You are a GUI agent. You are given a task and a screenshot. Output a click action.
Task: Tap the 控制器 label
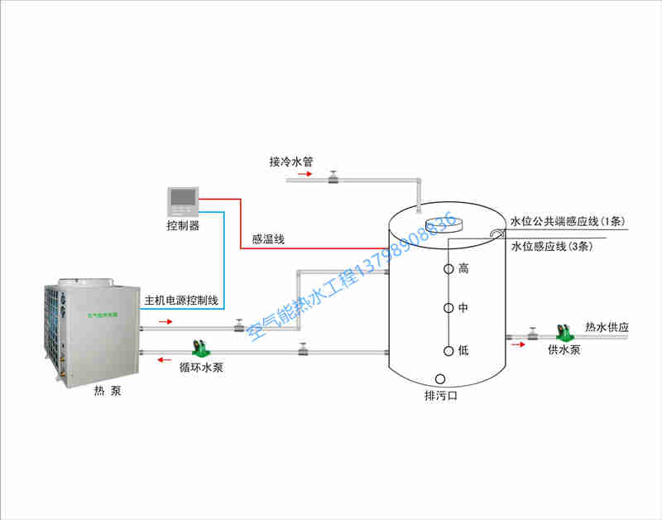point(183,225)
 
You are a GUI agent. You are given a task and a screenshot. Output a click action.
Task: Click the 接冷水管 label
point(290,161)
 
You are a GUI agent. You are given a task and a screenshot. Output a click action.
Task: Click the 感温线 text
point(268,239)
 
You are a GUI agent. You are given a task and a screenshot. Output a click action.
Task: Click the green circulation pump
point(199,347)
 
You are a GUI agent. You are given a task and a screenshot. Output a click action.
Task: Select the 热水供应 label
point(607,327)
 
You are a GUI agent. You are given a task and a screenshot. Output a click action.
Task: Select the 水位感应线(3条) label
point(550,247)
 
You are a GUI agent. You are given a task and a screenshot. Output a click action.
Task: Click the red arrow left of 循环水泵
point(165,360)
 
